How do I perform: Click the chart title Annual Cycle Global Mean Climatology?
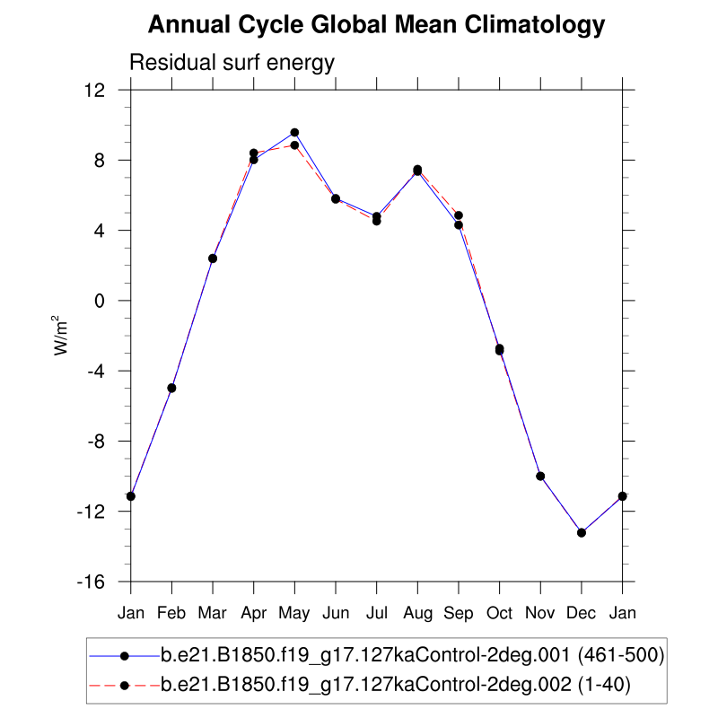pos(376,25)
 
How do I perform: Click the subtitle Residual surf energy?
pos(232,63)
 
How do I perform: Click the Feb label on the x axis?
pos(171,613)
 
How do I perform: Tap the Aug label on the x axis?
pos(417,613)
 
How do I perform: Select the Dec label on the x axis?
pos(582,613)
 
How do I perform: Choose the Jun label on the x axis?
pos(336,613)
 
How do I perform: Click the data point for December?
pos(582,532)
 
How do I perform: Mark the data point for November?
pos(540,476)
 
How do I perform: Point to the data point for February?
pos(171,388)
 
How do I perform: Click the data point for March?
pos(213,258)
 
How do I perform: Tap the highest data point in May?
pos(294,133)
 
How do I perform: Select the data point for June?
pos(336,198)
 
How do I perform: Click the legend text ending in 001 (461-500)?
pos(412,656)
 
